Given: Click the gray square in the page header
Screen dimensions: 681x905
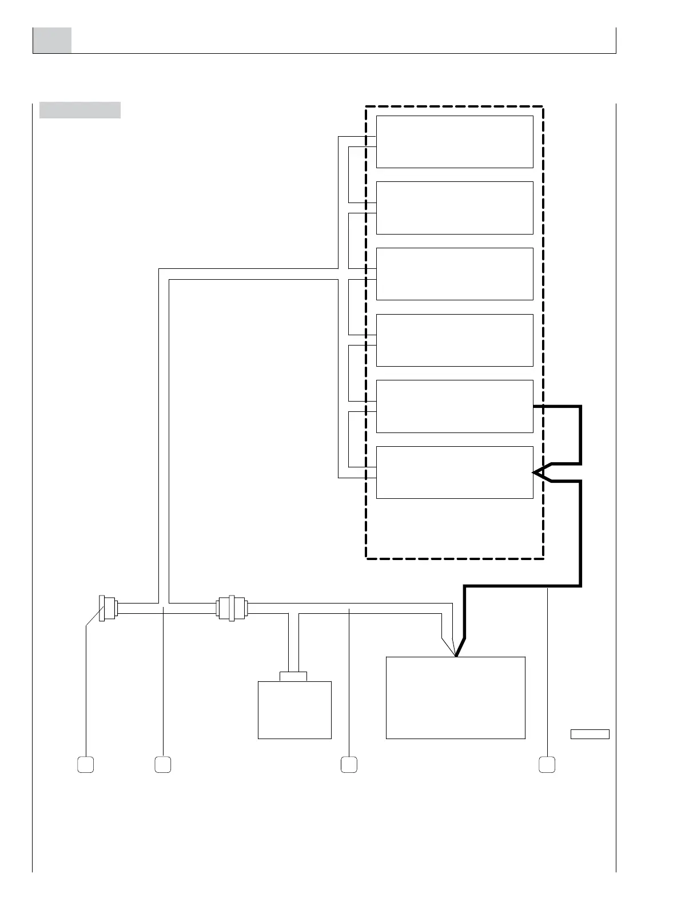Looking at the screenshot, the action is pyautogui.click(x=52, y=40).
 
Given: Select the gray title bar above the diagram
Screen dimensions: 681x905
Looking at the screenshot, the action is pyautogui.click(x=80, y=110).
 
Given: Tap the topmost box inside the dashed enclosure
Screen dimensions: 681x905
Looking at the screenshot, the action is pyautogui.click(x=455, y=142).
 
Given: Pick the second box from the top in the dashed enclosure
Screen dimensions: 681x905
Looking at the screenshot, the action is pyautogui.click(x=455, y=208).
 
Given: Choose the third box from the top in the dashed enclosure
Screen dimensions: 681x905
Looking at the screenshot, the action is pyautogui.click(x=455, y=274).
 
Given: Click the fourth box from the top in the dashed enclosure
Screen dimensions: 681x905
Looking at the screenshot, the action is pyautogui.click(x=455, y=340).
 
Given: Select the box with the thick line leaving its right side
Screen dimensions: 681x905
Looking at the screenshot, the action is pyautogui.click(x=455, y=406).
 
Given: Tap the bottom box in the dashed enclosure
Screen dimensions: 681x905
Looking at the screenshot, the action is pyautogui.click(x=455, y=473).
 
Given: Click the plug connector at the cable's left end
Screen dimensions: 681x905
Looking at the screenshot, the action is pyautogui.click(x=107, y=608).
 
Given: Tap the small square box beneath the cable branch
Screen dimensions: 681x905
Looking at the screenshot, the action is pyautogui.click(x=294, y=710).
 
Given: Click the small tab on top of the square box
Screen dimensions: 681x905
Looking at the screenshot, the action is pyautogui.click(x=293, y=676).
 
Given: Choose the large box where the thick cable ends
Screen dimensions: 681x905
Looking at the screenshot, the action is pyautogui.click(x=456, y=698).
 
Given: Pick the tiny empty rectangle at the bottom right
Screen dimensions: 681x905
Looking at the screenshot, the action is pyautogui.click(x=590, y=735).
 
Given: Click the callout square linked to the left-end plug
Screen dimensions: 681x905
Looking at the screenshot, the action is pyautogui.click(x=86, y=765).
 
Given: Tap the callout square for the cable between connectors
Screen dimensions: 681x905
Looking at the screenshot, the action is pyautogui.click(x=163, y=765).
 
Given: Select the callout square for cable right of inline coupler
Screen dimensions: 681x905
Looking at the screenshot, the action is pyautogui.click(x=349, y=765).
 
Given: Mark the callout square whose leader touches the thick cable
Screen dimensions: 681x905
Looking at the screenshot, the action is pyautogui.click(x=547, y=765).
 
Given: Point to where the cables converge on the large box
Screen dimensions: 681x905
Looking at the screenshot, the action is pyautogui.click(x=456, y=656).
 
